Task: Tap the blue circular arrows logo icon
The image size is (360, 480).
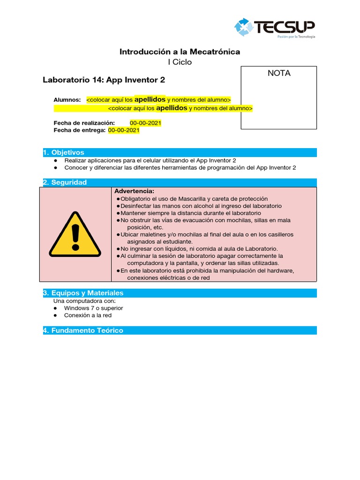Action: pyautogui.click(x=243, y=27)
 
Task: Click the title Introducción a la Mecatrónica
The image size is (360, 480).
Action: pyautogui.click(x=180, y=52)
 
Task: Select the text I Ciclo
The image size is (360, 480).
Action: pyautogui.click(x=180, y=62)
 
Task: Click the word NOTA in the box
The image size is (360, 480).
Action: pyautogui.click(x=279, y=73)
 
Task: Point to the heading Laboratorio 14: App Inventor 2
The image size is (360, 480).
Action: pyautogui.click(x=104, y=80)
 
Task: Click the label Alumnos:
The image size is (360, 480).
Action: pyautogui.click(x=67, y=100)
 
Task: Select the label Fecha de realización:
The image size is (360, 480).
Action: pyautogui.click(x=84, y=123)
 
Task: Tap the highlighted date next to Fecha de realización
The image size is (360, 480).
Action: pyautogui.click(x=145, y=123)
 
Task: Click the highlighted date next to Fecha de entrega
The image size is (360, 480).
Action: pyautogui.click(x=124, y=131)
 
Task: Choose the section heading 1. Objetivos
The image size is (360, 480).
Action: pyautogui.click(x=64, y=152)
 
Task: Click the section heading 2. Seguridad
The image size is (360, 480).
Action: pyautogui.click(x=65, y=182)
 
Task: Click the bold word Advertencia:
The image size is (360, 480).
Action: pyautogui.click(x=134, y=191)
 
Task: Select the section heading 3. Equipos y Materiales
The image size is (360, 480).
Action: pyautogui.click(x=83, y=293)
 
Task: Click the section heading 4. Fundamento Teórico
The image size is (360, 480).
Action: pyautogui.click(x=83, y=330)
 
